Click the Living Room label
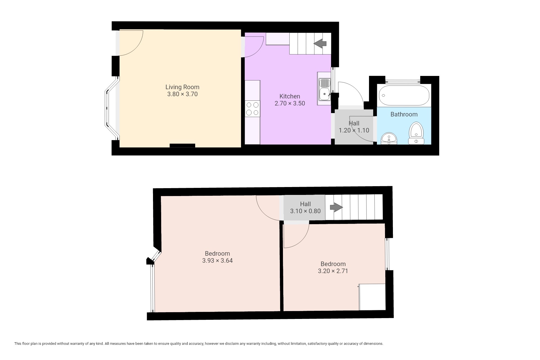pos(182,87)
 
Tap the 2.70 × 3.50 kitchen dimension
pos(290,103)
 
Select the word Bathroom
pos(404,114)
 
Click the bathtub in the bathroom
pos(404,95)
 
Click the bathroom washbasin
pos(389,139)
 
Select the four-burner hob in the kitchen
pos(252,109)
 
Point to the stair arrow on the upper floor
pos(336,208)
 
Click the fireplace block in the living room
pos(182,145)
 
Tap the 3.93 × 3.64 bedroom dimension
pos(217,261)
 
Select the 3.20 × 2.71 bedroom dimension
pos(333,271)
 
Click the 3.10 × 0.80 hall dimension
pos(305,211)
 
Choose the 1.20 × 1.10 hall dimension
pos(354,130)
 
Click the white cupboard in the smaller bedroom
pos(372,297)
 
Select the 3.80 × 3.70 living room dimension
pos(182,94)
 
